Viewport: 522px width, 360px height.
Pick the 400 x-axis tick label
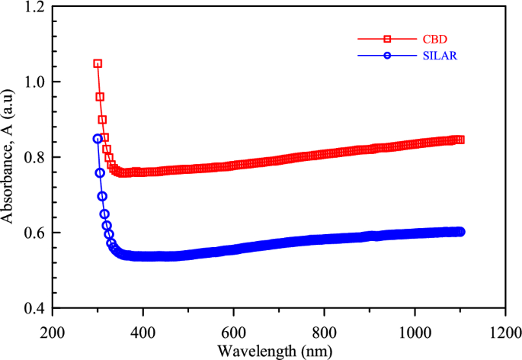coord(143,333)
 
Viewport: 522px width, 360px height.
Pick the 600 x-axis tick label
coord(234,333)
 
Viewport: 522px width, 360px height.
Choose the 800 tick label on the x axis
coord(324,333)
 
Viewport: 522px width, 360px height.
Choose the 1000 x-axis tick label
coord(415,333)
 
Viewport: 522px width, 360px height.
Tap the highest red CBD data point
coord(98,63)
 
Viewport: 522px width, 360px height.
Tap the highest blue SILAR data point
coord(98,139)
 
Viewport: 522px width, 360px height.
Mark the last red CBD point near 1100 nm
coord(460,140)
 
